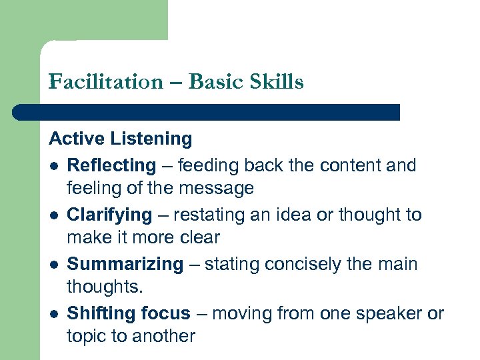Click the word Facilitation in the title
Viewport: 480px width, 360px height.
click(105, 82)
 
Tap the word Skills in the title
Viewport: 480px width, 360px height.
click(275, 82)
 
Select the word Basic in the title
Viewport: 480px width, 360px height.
click(217, 82)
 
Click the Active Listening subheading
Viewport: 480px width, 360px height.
click(121, 139)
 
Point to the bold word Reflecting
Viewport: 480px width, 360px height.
click(111, 165)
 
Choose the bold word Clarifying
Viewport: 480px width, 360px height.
click(109, 215)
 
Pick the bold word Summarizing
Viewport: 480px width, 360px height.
click(125, 264)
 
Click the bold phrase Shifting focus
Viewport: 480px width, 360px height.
click(129, 313)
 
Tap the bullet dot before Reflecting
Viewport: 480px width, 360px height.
click(53, 165)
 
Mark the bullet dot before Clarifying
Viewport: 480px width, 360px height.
click(53, 215)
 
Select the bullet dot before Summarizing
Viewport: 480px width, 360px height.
click(53, 264)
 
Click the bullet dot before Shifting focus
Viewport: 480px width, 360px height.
click(53, 313)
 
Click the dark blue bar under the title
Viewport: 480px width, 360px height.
click(207, 112)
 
